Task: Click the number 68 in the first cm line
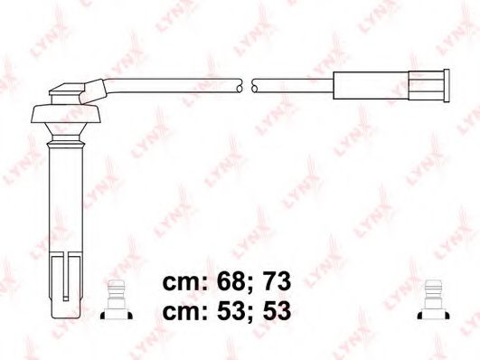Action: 226,282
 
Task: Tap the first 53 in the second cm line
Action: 226,310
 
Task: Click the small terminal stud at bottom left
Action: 117,299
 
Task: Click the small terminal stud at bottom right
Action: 433,299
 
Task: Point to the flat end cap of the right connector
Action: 447,86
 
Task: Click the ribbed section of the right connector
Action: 426,86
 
